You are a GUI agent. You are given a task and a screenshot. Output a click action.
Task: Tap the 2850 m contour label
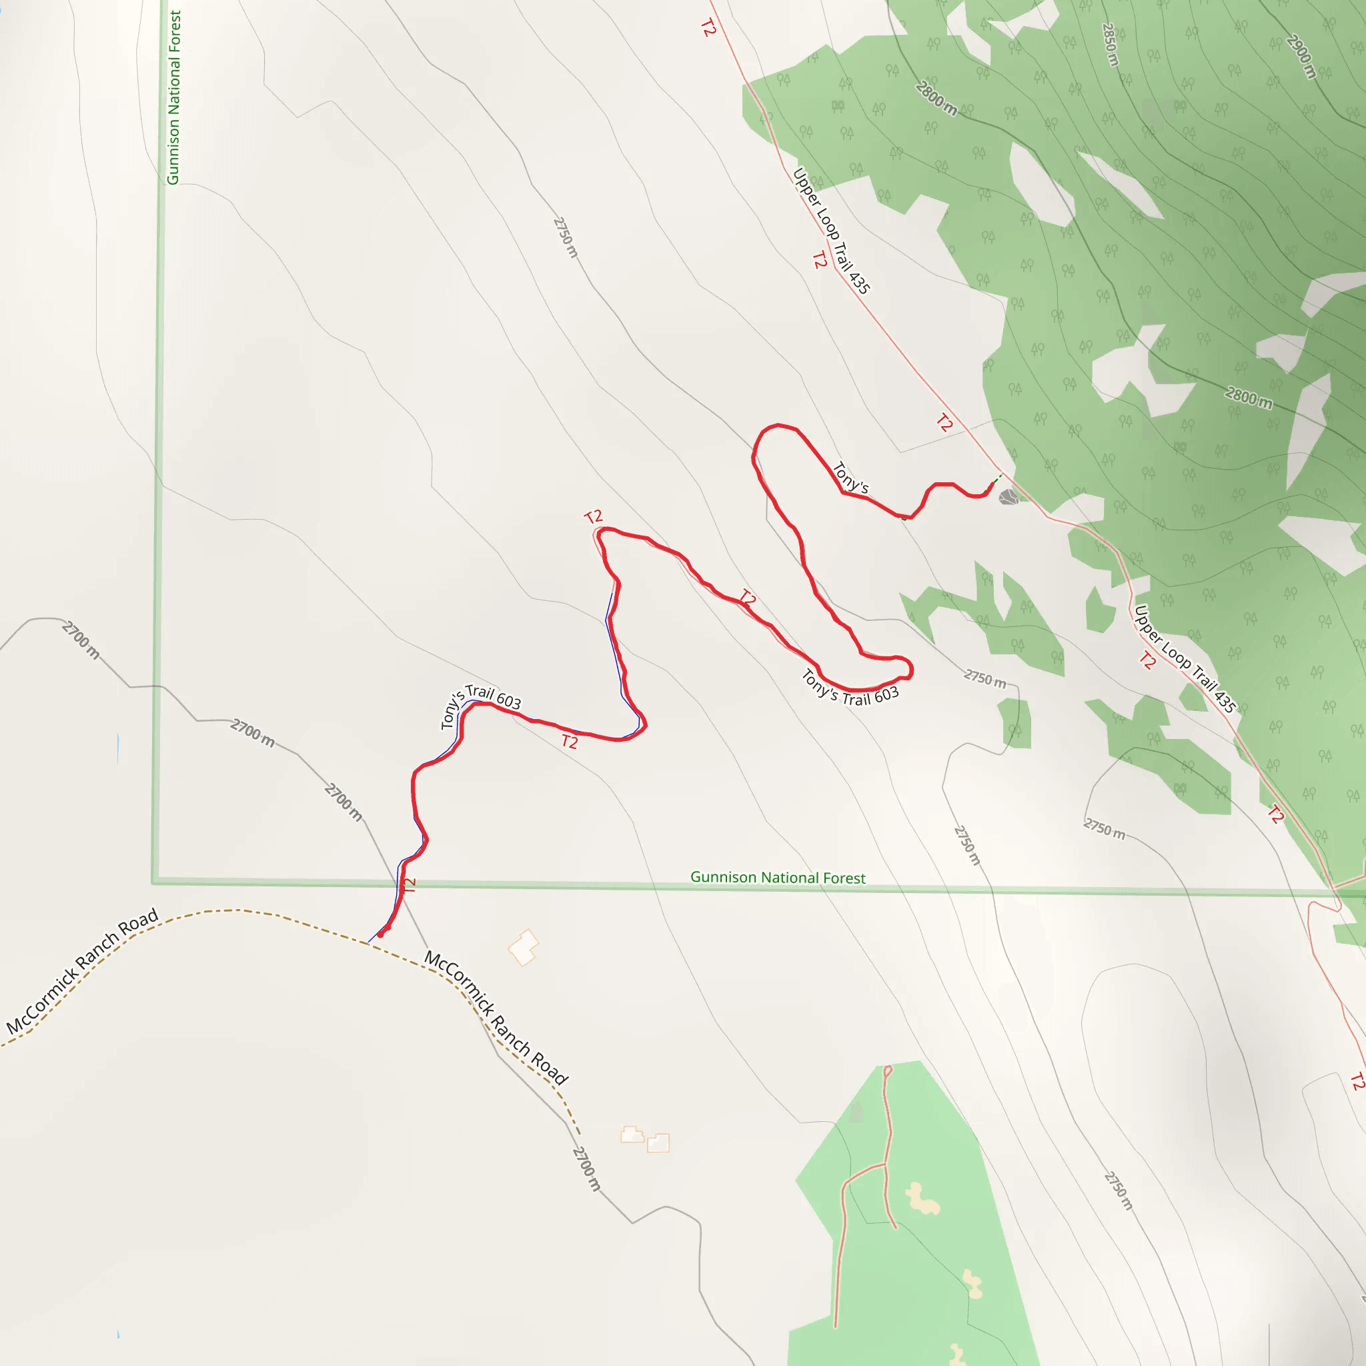(1111, 45)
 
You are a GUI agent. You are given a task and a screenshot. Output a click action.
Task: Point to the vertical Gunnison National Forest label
(173, 97)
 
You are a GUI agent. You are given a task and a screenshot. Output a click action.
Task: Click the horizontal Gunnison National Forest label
(777, 878)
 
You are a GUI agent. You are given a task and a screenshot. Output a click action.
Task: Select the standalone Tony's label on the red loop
(850, 478)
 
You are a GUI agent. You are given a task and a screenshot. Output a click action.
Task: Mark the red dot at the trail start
(381, 934)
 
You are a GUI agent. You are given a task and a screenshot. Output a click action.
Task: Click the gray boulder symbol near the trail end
(1008, 497)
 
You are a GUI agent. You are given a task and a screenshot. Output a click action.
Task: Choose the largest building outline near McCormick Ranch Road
(523, 947)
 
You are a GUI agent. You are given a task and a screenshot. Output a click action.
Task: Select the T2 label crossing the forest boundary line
(409, 884)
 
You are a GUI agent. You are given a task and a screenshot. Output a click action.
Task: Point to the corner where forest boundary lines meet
(153, 882)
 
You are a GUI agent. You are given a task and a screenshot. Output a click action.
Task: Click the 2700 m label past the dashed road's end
(586, 1169)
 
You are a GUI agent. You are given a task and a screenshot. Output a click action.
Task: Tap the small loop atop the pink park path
(887, 1071)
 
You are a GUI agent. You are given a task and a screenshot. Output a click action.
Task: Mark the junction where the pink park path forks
(884, 1164)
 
